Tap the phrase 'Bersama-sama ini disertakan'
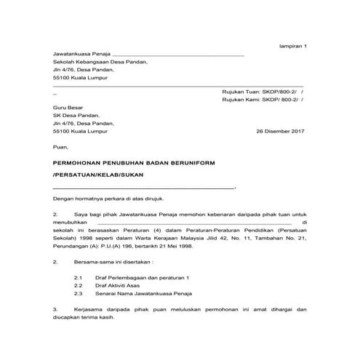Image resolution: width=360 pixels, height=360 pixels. (114, 261)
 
